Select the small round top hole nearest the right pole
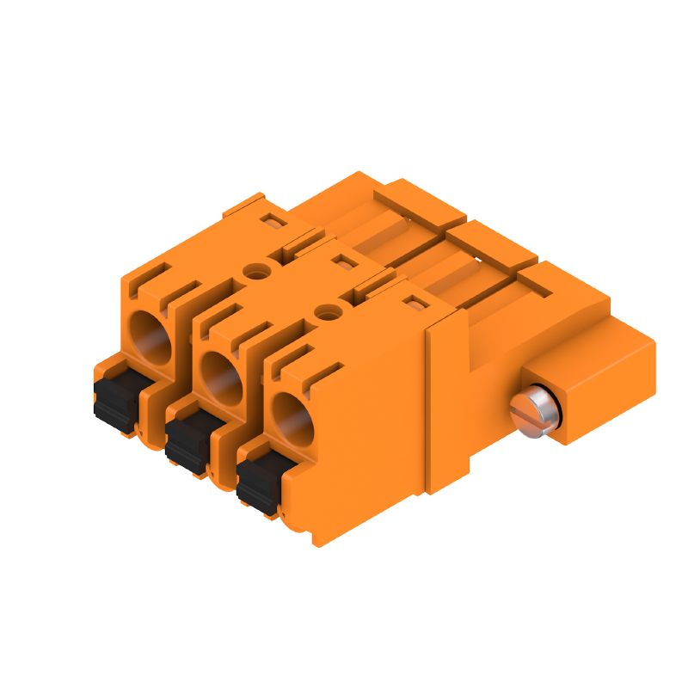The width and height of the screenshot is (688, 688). pos(325,310)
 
